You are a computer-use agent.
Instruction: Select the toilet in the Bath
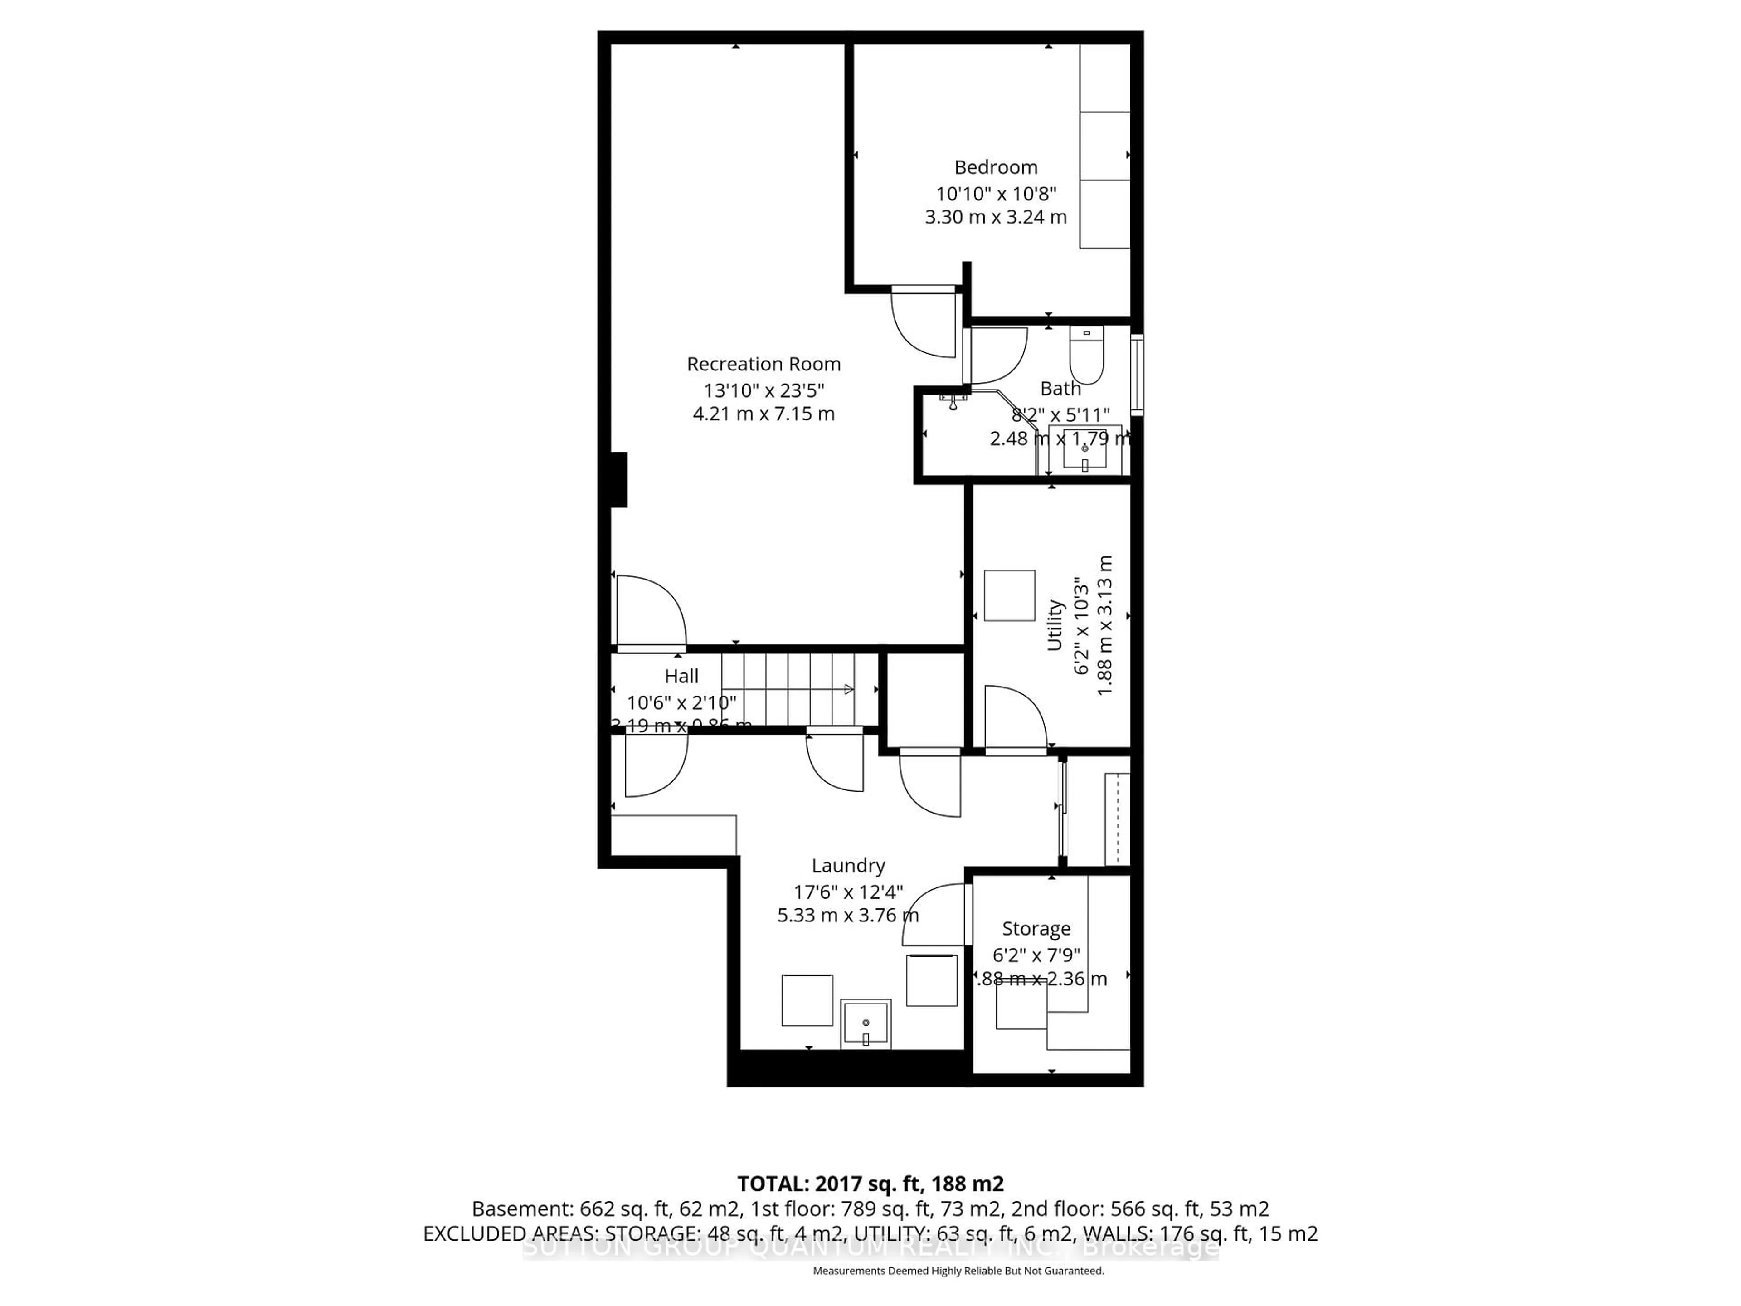coord(1086,356)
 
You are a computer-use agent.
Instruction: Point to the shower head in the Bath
coord(954,402)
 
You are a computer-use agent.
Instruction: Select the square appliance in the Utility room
coord(1009,596)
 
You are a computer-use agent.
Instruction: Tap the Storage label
coord(1036,929)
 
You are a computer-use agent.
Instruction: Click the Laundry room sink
coord(866,1025)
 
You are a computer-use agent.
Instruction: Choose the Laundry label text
coord(848,866)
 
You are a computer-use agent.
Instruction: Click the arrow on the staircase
coord(848,690)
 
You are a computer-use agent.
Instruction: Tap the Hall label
coord(681,676)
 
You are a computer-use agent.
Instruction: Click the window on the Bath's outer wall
coord(1137,375)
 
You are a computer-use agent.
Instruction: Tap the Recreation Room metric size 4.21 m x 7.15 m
coord(764,414)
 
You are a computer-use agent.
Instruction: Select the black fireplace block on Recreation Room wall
coord(619,479)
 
